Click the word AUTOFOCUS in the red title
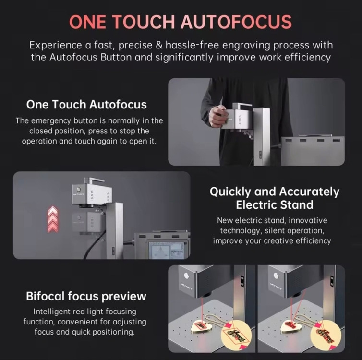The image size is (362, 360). (236, 22)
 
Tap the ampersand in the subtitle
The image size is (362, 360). (159, 45)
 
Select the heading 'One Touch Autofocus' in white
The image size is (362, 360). (86, 104)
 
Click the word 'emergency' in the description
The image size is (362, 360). (51, 121)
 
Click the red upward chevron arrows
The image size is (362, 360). (53, 219)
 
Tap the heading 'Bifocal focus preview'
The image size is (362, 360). (86, 296)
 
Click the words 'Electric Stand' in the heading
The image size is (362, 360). (275, 205)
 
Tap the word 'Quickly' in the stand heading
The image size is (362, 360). (230, 192)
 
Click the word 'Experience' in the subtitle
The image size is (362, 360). (55, 46)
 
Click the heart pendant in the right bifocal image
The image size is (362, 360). (290, 326)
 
